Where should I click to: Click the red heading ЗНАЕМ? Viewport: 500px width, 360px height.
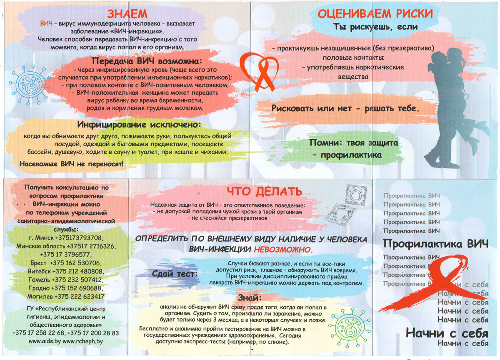127,14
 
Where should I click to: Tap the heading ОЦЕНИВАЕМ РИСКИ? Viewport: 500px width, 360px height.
375,14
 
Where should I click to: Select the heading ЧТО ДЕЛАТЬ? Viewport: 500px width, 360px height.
265,192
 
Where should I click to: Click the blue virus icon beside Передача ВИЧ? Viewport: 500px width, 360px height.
30,85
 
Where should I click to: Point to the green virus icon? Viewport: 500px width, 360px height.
349,327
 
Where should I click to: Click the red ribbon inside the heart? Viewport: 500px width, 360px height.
265,76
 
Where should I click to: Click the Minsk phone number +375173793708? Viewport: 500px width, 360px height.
79,238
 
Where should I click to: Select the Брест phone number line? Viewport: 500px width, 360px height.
66,263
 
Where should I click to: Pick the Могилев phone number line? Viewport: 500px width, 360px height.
66,297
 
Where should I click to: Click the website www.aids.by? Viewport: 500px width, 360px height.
45,342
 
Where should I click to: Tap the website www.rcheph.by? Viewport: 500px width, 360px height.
82,342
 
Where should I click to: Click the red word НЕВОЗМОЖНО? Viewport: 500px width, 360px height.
283,250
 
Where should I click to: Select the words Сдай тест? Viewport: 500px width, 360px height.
175,274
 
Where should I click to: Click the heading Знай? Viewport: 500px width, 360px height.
250,297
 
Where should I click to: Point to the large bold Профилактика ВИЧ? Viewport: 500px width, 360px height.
436,243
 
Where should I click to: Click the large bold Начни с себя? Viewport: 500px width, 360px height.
447,333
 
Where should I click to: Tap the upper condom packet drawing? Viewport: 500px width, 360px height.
355,195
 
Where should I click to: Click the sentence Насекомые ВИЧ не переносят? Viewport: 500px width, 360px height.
71,164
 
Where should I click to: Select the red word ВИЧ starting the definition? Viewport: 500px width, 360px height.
46,23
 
